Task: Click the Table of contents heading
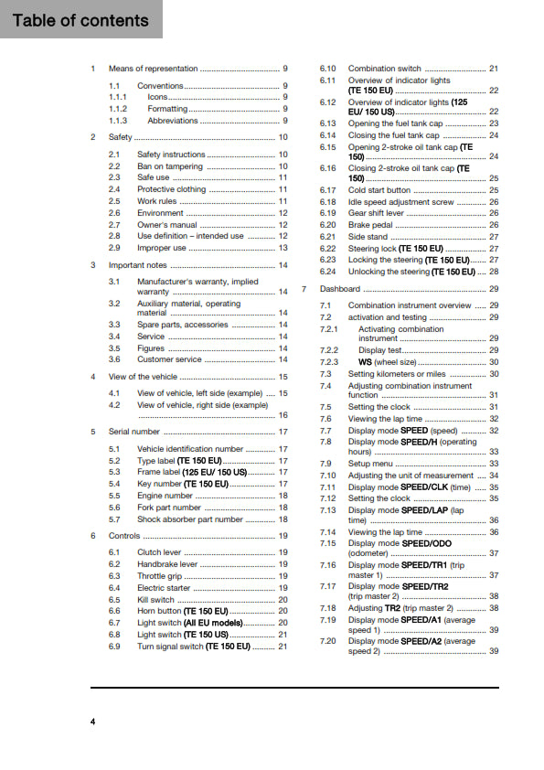80,20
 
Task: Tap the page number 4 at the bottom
93,722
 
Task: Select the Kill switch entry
155,600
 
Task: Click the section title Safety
121,137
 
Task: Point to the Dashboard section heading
340,289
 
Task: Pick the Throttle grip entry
160,576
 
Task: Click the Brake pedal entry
371,224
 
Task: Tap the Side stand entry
368,236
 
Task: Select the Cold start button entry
379,189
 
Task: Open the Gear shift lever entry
376,212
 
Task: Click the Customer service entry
170,359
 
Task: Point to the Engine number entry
165,496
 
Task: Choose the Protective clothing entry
171,189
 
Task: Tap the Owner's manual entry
166,224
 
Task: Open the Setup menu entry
370,464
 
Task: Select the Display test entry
379,349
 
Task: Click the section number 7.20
327,641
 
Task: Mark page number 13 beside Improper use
283,248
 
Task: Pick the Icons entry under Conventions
157,97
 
